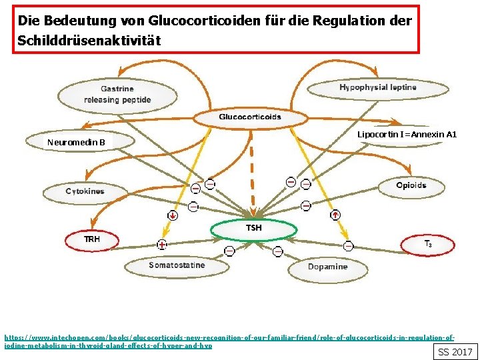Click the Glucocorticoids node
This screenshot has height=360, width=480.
point(250,118)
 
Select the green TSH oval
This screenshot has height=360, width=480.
point(253,229)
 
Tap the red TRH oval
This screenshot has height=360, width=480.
point(91,239)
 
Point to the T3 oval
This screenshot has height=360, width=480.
point(428,244)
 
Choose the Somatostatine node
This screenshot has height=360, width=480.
point(177,266)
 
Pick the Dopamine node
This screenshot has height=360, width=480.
point(327,267)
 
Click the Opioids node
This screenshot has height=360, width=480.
point(411,186)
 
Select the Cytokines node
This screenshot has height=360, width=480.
point(85,192)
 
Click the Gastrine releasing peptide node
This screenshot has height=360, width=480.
point(117,95)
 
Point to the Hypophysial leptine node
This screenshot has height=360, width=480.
point(377,88)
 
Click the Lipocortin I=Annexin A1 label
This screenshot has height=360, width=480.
point(407,135)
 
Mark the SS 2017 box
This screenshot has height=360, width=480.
point(455,351)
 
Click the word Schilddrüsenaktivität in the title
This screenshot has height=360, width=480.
point(89,41)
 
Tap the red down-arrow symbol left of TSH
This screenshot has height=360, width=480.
point(173,215)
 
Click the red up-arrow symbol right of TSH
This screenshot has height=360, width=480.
point(335,215)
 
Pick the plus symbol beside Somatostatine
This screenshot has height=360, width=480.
point(162,245)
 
